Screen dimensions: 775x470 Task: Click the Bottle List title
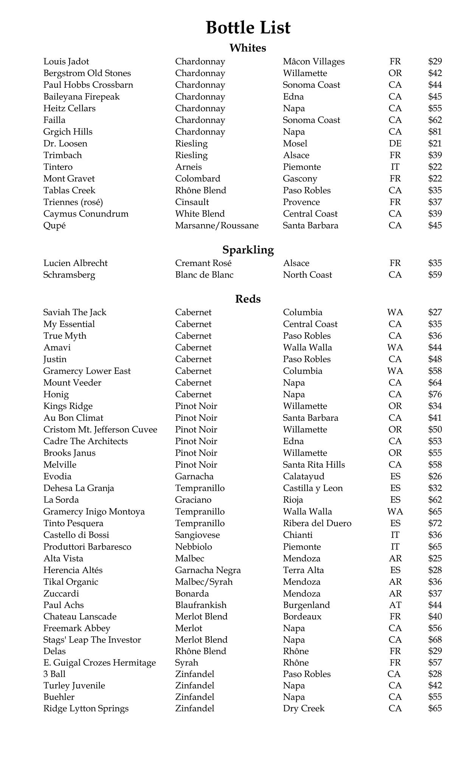pyautogui.click(x=248, y=28)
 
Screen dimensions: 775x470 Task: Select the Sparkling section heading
pyautogui.click(x=248, y=250)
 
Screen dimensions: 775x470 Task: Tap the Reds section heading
pyautogui.click(x=248, y=299)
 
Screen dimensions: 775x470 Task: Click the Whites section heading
pyautogui.click(x=248, y=48)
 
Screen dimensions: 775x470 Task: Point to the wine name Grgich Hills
pyautogui.click(x=68, y=132)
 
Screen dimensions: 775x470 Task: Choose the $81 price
pyautogui.click(x=435, y=132)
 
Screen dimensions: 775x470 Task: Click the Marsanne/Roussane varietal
pyautogui.click(x=217, y=226)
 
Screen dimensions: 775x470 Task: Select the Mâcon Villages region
pyautogui.click(x=314, y=61)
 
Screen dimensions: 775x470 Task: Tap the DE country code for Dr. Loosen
pyautogui.click(x=395, y=143)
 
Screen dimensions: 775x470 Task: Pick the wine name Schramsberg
pyautogui.click(x=69, y=275)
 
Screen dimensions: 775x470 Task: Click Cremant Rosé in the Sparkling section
pyautogui.click(x=203, y=263)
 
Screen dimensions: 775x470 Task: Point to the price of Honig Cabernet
pyautogui.click(x=435, y=394)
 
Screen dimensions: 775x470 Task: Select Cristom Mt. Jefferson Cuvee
pyautogui.click(x=100, y=430)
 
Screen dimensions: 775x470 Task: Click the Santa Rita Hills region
pyautogui.click(x=314, y=465)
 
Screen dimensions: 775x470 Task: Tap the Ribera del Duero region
pyautogui.click(x=317, y=523)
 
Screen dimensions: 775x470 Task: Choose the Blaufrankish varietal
pyautogui.click(x=201, y=605)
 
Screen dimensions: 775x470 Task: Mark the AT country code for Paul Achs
pyautogui.click(x=395, y=605)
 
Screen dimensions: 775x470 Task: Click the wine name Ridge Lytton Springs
pyautogui.click(x=86, y=708)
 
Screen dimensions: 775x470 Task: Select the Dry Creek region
pyautogui.click(x=304, y=708)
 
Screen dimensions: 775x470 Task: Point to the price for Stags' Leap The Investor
pyautogui.click(x=435, y=640)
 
